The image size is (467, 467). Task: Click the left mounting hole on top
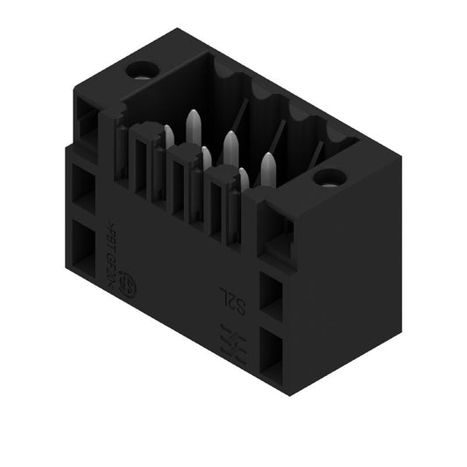point(140,70)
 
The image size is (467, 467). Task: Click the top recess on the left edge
point(88,123)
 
